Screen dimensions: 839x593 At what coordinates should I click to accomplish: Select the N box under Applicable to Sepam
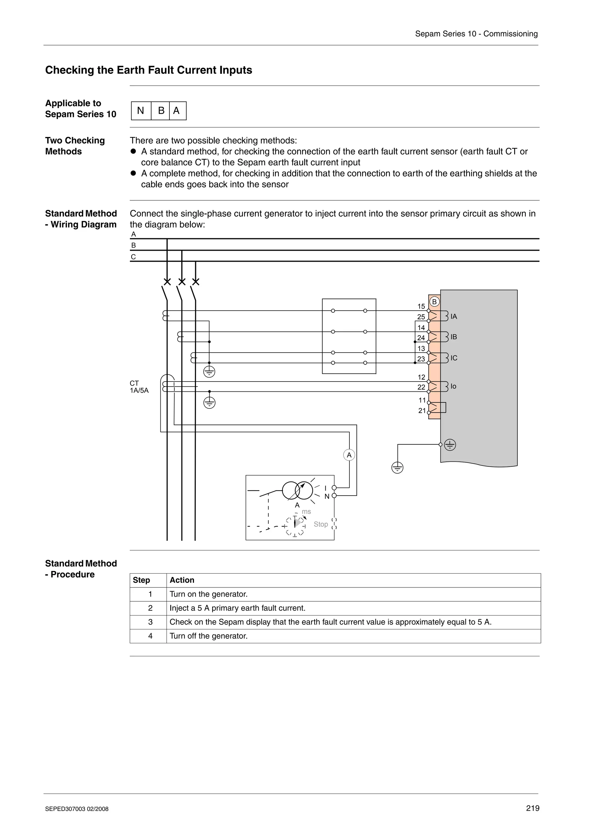(x=141, y=111)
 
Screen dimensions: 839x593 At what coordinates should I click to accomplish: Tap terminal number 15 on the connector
(x=421, y=306)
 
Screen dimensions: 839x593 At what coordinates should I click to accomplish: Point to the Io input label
(x=453, y=386)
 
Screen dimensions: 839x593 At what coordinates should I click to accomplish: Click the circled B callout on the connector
(x=434, y=302)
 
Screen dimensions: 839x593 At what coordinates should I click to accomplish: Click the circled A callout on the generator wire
(x=349, y=455)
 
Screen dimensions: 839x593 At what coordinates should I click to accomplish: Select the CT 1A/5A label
(x=139, y=386)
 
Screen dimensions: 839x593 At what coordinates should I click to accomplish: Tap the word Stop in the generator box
(x=321, y=524)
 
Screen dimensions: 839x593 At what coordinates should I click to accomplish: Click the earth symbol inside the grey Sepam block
(x=450, y=445)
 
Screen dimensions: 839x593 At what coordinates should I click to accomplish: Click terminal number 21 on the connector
(x=422, y=410)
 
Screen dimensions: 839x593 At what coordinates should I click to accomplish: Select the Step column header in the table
(x=141, y=580)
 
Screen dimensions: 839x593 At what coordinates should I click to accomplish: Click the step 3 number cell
(x=150, y=622)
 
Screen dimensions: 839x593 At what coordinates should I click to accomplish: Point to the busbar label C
(x=133, y=257)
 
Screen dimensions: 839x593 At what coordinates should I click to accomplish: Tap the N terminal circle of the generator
(x=334, y=496)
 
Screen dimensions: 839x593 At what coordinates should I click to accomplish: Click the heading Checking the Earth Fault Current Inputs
(x=148, y=70)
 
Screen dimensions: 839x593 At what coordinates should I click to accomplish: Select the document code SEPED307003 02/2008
(x=77, y=809)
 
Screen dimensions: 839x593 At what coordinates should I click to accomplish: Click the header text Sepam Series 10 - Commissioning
(x=476, y=34)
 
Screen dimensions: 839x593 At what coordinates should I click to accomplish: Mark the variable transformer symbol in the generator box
(x=297, y=490)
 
